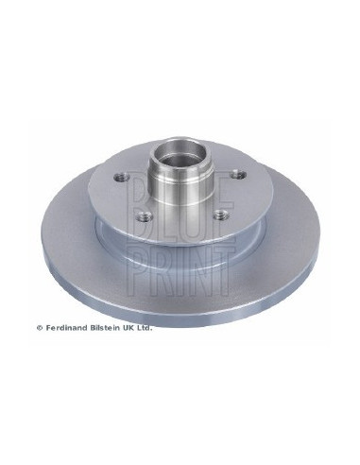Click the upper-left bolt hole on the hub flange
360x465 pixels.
122,178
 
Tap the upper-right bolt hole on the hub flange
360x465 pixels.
238,174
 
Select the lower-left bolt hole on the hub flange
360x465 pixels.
145,216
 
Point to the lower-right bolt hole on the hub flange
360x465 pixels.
221,215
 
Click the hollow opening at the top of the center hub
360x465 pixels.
180,150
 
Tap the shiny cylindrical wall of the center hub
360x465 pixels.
180,182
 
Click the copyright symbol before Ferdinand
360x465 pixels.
40,328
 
